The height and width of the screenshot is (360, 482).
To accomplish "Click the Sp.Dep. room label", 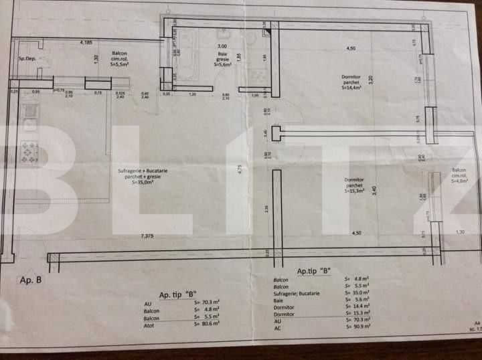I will point(26,59).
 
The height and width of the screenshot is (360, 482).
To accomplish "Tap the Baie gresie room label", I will point(223,60).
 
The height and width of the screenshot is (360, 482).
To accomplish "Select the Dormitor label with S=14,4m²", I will point(351,82).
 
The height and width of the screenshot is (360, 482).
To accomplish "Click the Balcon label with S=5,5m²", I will point(120,58).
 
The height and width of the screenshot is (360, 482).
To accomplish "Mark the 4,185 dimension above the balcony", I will point(86,43).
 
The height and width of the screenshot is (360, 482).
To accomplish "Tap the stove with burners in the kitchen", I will point(29,152).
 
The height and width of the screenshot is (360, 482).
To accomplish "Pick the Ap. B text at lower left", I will point(31,280).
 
